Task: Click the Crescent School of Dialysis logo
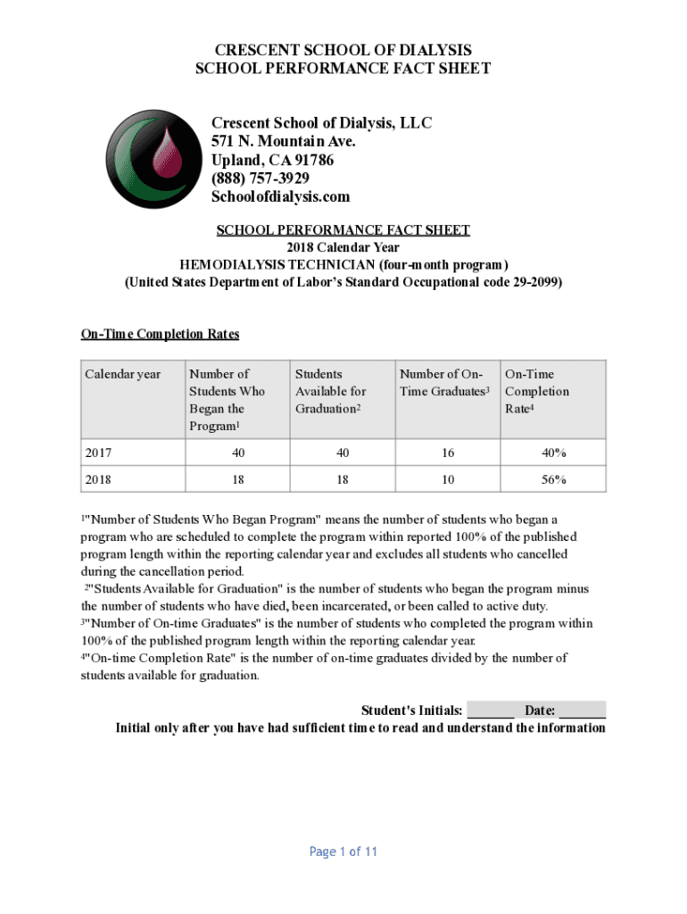147,159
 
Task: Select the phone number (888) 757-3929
261,178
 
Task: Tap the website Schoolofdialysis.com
280,196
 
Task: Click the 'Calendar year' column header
123,374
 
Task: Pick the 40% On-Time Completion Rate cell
553,453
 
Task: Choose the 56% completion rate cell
553,479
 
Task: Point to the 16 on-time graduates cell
448,453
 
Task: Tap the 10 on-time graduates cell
448,479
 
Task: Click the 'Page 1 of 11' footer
343,852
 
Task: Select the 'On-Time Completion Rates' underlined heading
161,334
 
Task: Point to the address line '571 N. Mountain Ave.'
284,141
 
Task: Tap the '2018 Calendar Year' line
343,247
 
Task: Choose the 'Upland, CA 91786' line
273,160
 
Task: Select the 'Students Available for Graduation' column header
330,391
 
